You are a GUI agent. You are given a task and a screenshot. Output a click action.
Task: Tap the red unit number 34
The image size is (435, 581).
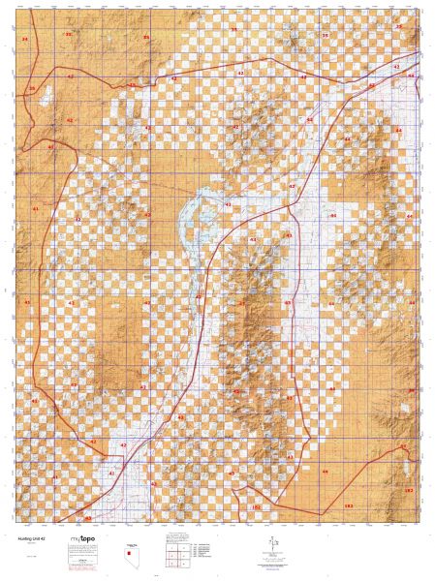pos(24,39)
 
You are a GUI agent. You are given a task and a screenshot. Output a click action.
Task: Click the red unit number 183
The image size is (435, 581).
pos(408,491)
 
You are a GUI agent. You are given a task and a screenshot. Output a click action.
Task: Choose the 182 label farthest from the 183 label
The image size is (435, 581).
pos(256,506)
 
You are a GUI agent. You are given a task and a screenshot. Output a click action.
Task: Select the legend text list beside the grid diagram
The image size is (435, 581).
pos(203,553)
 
